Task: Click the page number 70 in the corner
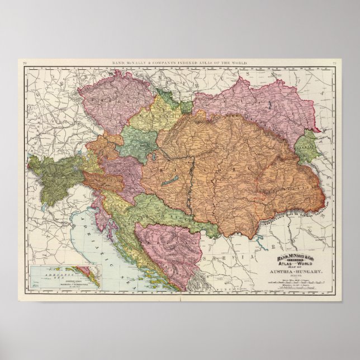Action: point(24,63)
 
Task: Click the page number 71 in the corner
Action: point(334,63)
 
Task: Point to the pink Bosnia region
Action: point(168,246)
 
